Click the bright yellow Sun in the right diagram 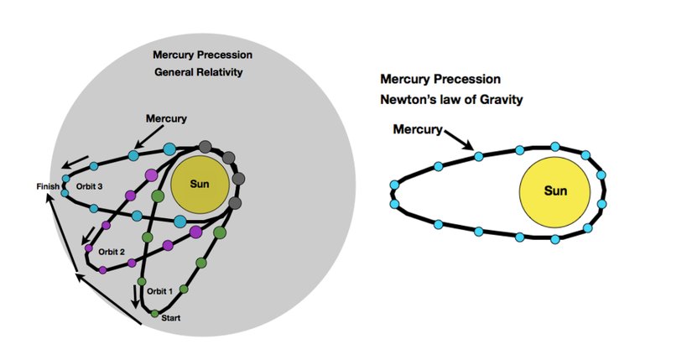[555, 191]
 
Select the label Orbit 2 [110, 251]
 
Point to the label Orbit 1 [159, 290]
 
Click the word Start [171, 318]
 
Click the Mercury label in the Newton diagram [416, 130]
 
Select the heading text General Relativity [198, 73]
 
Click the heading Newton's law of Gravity [452, 99]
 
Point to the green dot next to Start [155, 314]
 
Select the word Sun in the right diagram [555, 191]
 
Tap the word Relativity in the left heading [216, 73]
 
